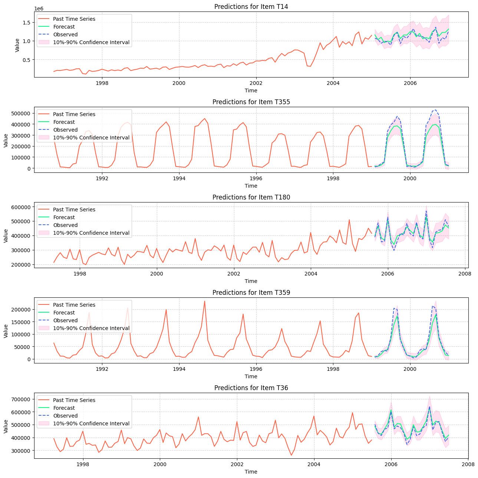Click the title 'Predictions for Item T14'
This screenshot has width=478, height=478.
click(x=251, y=7)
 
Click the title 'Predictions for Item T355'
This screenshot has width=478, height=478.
click(x=251, y=102)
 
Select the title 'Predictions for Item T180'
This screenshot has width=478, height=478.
click(x=251, y=197)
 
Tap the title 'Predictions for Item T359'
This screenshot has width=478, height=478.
click(x=251, y=293)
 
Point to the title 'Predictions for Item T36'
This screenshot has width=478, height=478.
click(x=251, y=388)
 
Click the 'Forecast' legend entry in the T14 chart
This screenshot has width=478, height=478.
click(x=64, y=27)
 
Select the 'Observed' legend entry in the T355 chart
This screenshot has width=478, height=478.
click(x=65, y=130)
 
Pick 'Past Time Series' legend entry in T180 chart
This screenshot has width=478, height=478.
click(x=74, y=210)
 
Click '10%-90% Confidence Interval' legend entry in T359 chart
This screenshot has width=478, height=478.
click(x=91, y=328)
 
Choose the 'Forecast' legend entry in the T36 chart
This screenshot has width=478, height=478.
click(x=64, y=408)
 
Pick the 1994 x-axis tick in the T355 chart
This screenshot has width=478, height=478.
click(x=179, y=178)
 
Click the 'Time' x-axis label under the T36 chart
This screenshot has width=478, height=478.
click(x=251, y=472)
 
